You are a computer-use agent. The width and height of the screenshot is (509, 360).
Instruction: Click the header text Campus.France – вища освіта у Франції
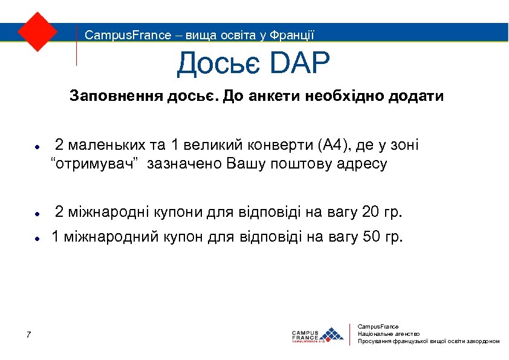coord(199,35)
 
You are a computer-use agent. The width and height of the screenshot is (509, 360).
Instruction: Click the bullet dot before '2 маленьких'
coord(37,147)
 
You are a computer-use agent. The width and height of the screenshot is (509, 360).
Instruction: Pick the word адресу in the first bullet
coord(365,164)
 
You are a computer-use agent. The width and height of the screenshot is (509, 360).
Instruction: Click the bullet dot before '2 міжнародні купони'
coord(37,214)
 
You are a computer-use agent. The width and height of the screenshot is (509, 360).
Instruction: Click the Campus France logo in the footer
coord(317,335)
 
